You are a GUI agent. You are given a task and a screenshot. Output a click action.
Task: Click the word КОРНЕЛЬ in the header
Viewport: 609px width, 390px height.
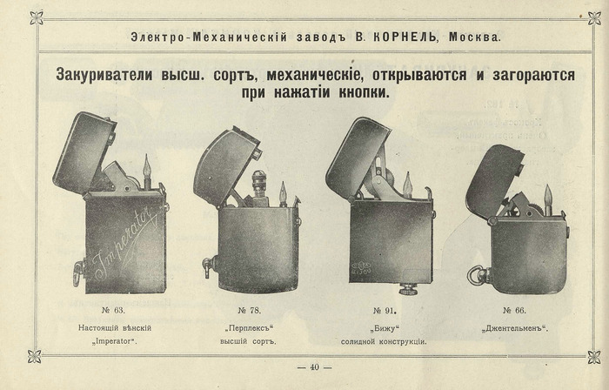[x=405, y=37]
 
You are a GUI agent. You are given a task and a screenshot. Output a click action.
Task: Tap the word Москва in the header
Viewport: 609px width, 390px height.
[x=475, y=37]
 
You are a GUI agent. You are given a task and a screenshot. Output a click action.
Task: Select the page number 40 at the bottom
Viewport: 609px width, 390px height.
[x=315, y=367]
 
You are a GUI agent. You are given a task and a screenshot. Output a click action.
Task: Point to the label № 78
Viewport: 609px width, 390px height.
[x=250, y=311]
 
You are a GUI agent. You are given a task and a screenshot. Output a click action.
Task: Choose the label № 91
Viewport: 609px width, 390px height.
[x=385, y=311]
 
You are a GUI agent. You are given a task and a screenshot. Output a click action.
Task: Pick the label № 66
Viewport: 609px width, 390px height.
[x=515, y=311]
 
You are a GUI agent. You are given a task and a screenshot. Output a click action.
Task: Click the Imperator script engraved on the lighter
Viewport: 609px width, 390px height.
[x=126, y=243]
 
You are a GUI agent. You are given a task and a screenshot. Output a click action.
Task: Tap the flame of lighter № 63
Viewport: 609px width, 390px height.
[x=147, y=168]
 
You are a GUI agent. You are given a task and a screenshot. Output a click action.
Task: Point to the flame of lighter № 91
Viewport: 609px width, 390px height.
[x=407, y=184]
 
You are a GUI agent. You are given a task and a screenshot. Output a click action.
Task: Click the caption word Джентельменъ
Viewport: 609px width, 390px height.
[x=515, y=328]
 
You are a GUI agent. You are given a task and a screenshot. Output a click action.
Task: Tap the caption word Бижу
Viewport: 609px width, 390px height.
[x=385, y=328]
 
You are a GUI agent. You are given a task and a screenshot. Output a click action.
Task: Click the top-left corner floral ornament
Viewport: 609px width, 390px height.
[x=37, y=17]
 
